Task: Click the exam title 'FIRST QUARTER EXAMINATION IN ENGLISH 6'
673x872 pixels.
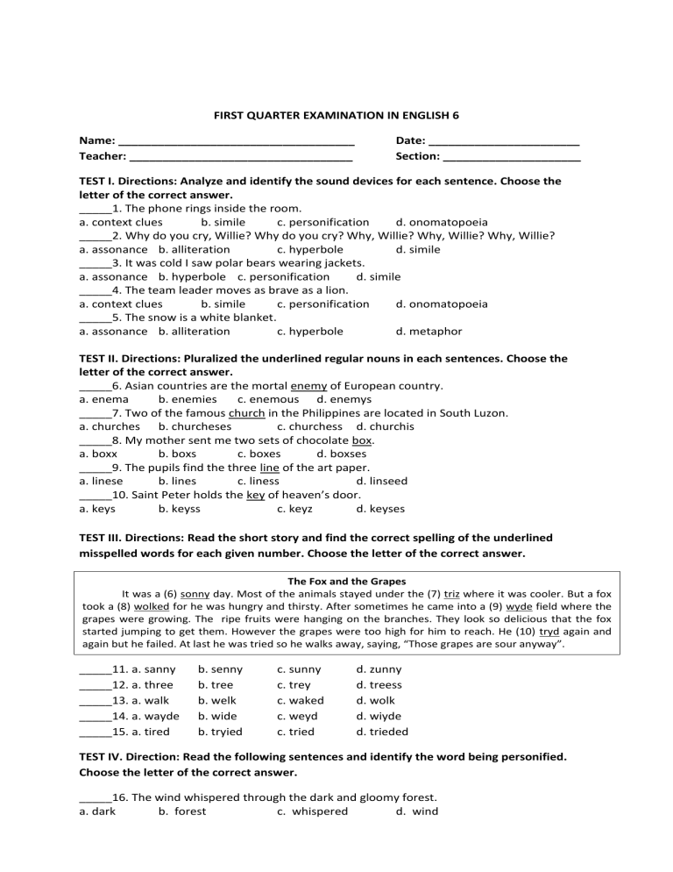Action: click(x=336, y=115)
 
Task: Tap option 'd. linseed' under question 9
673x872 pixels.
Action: click(x=382, y=481)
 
